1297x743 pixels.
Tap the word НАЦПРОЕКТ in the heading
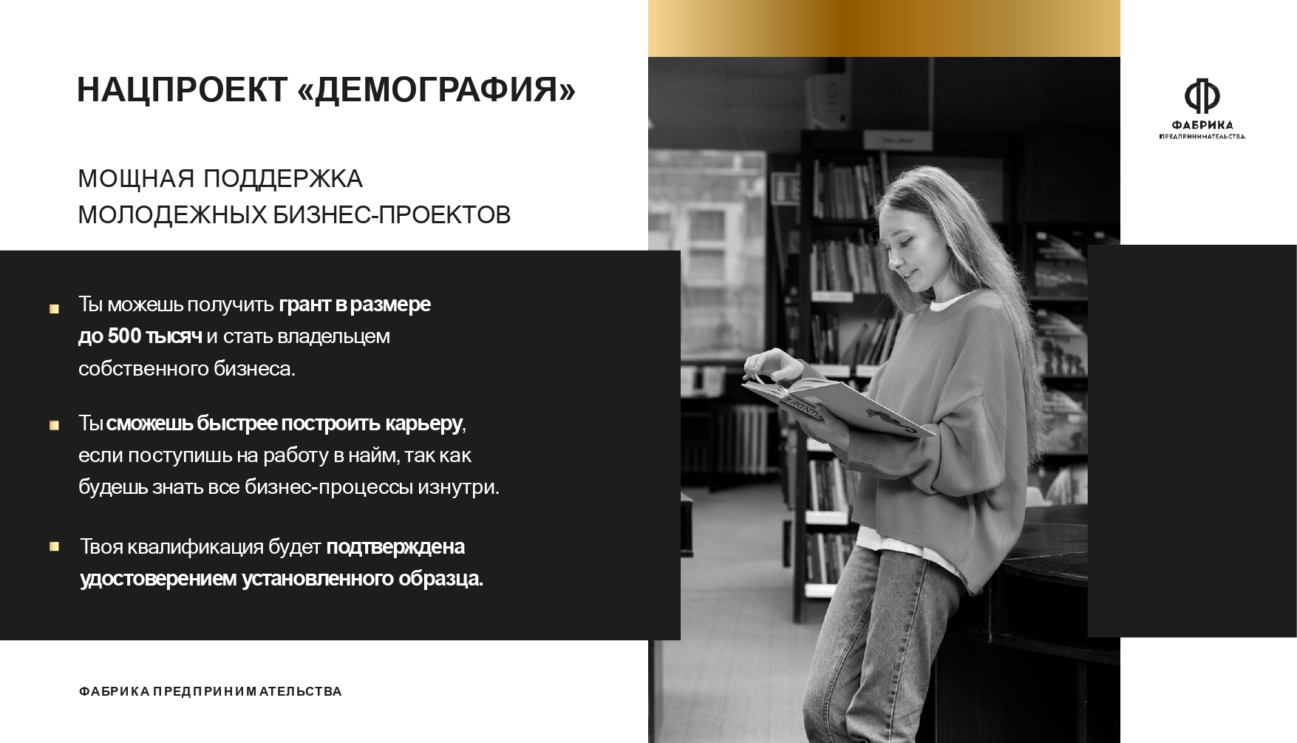point(182,90)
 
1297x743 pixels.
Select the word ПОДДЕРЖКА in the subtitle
point(282,179)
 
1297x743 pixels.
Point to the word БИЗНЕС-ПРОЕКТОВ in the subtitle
point(392,215)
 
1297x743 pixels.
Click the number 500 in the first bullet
point(124,336)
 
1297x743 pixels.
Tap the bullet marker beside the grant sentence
point(54,309)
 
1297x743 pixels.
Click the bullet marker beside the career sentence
point(54,425)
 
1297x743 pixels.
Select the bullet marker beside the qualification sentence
point(54,546)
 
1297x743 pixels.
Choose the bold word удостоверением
point(158,579)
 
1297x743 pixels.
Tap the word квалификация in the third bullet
point(195,547)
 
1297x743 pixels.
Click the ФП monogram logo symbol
point(1202,96)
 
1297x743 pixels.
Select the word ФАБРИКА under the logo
point(1202,125)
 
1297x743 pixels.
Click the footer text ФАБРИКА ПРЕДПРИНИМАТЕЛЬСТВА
point(210,692)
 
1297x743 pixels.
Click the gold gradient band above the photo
point(884,28)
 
